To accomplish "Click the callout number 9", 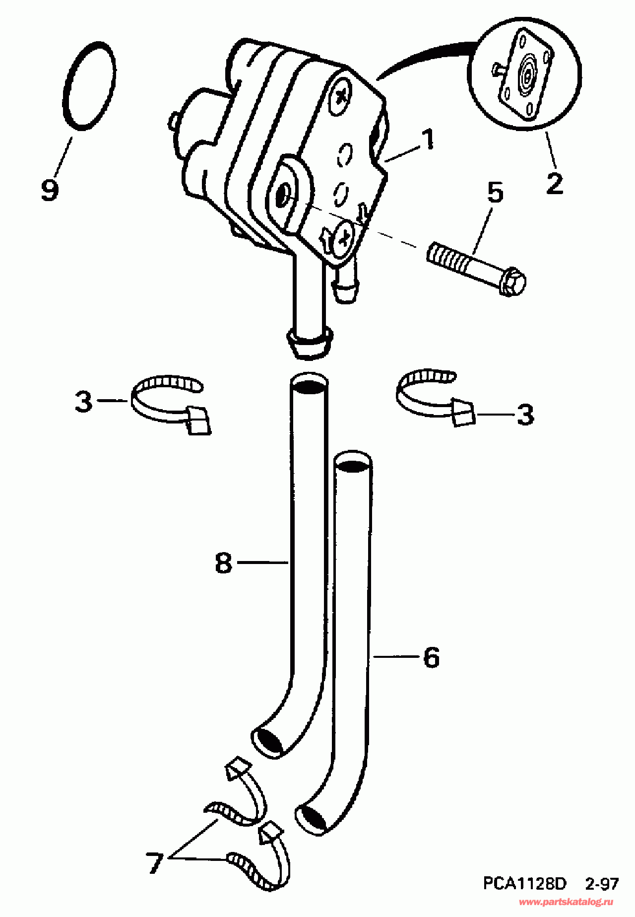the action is pos(50,190).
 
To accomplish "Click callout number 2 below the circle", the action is pos(554,184).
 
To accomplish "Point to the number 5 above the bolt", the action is pos(495,193).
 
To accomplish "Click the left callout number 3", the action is pos(84,401).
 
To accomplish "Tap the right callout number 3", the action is pos(525,414).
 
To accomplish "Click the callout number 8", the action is pos(224,563).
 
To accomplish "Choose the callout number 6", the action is pos(431,657).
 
